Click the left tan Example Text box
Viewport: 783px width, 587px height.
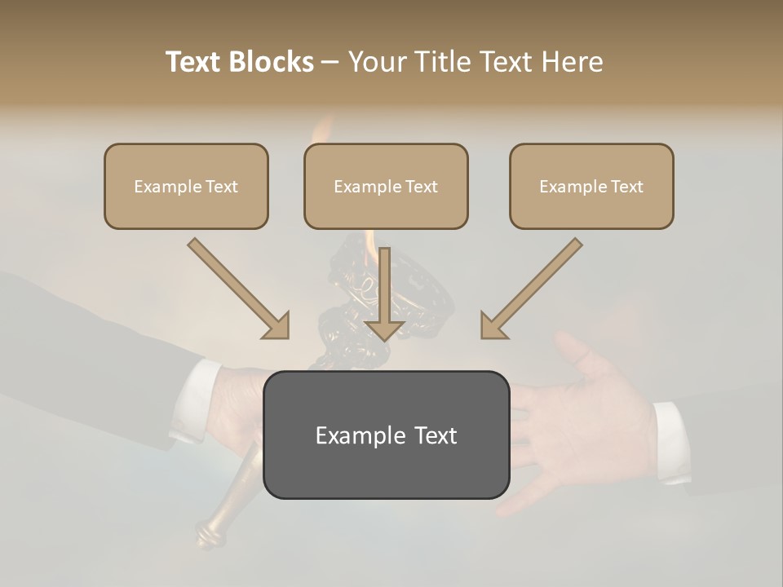point(186,186)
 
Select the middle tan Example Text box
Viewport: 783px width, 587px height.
point(386,186)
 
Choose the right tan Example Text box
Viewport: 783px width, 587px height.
point(591,186)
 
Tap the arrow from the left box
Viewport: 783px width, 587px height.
point(241,289)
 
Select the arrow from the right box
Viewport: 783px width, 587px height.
point(530,289)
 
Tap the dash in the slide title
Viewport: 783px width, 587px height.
point(330,62)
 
